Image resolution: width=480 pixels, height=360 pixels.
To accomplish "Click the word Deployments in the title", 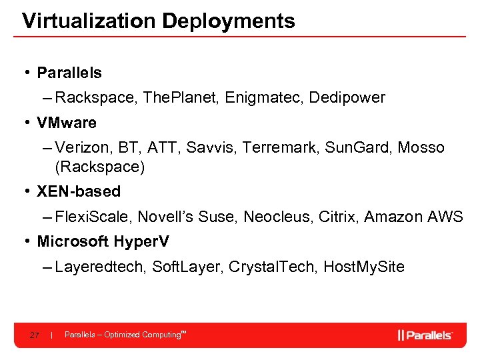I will (228, 21).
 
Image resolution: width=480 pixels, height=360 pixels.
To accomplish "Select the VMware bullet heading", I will (67, 123).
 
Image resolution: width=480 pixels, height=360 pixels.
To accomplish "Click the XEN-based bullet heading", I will (79, 191).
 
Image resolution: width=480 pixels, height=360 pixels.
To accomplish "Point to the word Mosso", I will (421, 147).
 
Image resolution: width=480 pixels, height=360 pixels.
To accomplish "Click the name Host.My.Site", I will (363, 267).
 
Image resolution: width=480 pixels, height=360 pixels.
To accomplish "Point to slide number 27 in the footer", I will (35, 335).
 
